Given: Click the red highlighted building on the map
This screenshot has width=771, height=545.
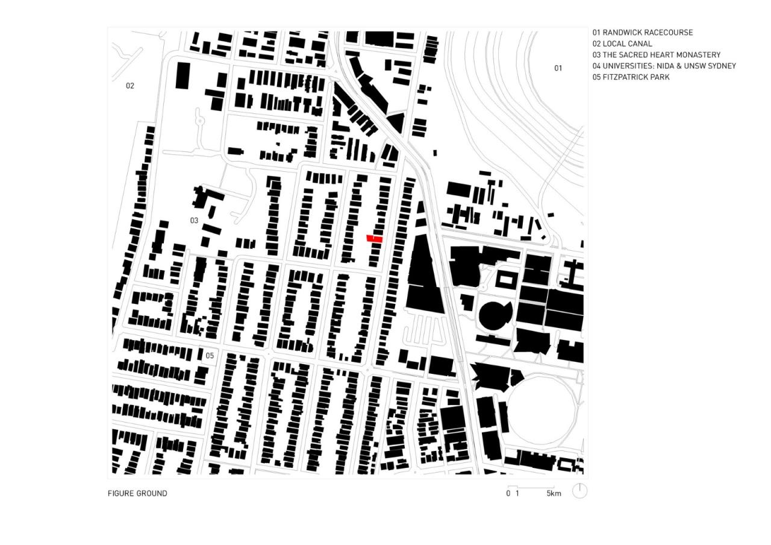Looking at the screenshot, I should (375, 239).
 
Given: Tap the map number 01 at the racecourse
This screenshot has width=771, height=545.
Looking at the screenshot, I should (558, 68).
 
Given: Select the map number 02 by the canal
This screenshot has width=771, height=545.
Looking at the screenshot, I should (130, 86).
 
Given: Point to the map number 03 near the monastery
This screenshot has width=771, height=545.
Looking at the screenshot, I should (194, 221).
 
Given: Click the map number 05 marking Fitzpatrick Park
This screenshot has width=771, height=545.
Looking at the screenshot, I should (210, 355).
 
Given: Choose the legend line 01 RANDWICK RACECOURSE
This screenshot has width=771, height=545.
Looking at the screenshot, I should (643, 33).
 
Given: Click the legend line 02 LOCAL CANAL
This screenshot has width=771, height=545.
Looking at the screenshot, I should (622, 43).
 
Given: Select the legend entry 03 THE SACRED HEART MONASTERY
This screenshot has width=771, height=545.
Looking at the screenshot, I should (657, 55).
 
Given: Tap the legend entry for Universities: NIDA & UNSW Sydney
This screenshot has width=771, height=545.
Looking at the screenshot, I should (664, 66).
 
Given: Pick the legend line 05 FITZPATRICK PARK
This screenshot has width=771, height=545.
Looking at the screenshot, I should (631, 77).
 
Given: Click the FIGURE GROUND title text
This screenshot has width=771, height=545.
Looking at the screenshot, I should (137, 493).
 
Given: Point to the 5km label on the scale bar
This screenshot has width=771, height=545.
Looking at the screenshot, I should (554, 494).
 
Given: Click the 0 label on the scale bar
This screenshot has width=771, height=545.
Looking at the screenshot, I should (508, 494).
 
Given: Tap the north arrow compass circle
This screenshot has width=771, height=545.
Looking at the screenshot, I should (579, 491).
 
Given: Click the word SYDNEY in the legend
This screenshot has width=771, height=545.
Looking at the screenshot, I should (722, 66).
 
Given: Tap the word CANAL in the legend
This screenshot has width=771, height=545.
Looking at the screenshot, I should (641, 43).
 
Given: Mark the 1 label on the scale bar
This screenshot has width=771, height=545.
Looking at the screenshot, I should (517, 494).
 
